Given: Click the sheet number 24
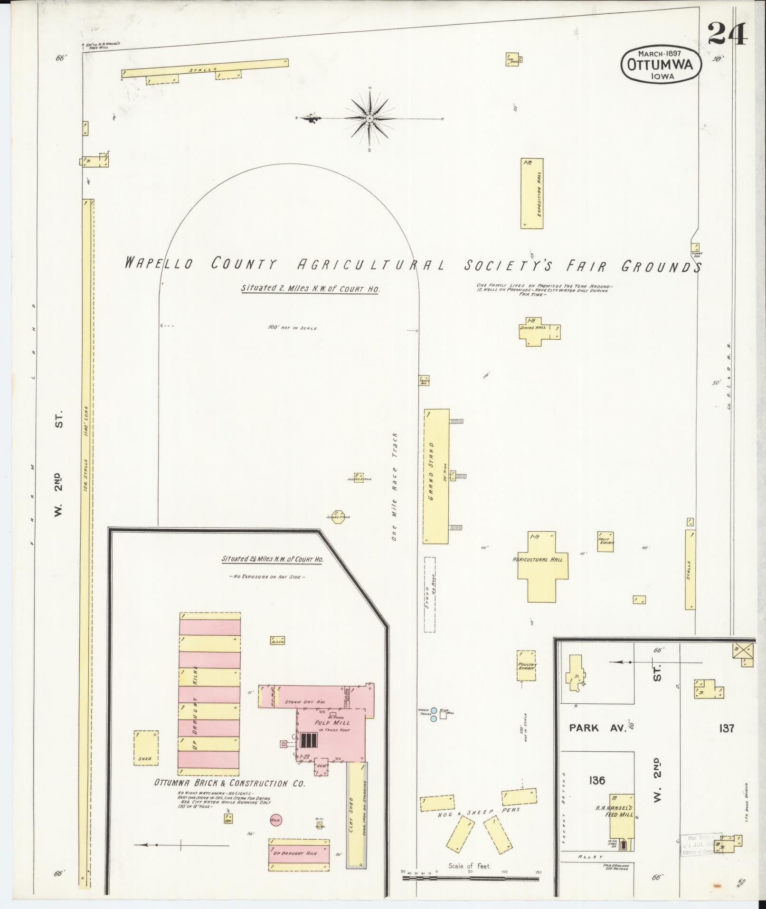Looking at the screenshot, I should (x=728, y=34).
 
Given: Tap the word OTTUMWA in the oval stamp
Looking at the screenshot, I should (x=661, y=66).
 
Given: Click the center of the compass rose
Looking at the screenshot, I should (x=369, y=118).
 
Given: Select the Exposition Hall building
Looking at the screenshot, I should (x=532, y=193).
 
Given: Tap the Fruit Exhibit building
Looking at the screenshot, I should (x=605, y=541).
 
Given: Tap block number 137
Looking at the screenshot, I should (x=726, y=741).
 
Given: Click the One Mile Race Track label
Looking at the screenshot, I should (x=394, y=487).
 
